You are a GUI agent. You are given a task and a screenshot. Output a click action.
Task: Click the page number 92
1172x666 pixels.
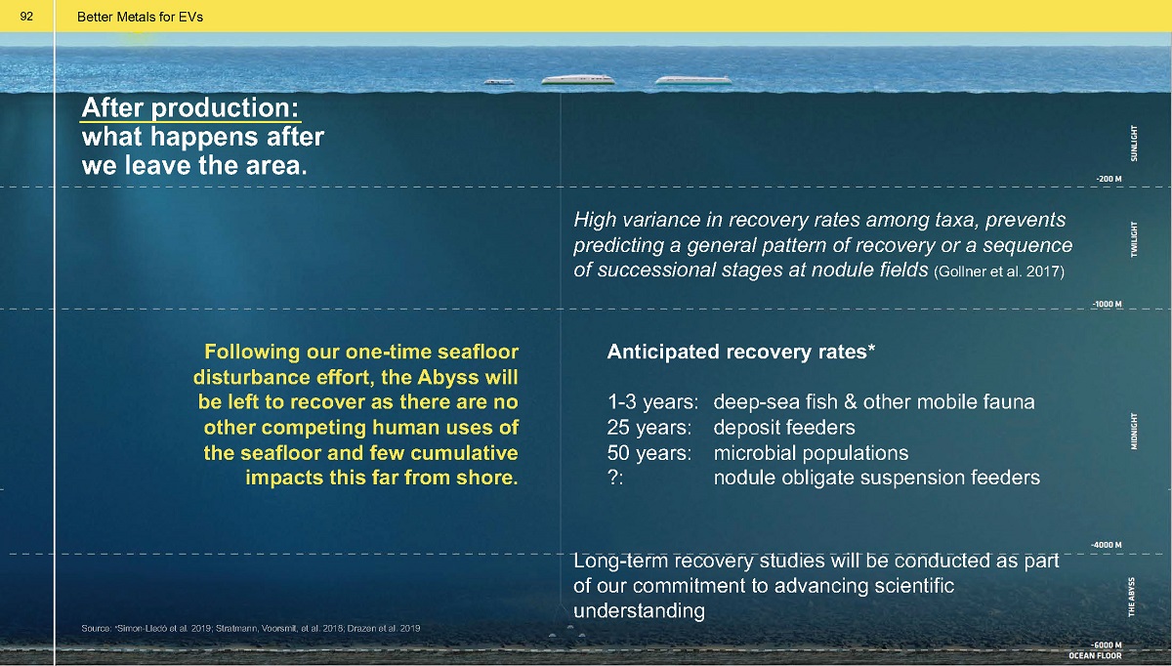pyautogui.click(x=26, y=17)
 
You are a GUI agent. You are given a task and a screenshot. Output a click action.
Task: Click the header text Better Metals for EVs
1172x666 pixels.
pyautogui.click(x=140, y=18)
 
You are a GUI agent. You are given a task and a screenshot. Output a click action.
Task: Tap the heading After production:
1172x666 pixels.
pyautogui.click(x=189, y=107)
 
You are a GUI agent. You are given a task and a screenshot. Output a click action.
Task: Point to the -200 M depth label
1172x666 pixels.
pyautogui.click(x=1109, y=179)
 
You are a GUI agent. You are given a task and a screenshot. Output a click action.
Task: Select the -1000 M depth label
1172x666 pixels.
pyautogui.click(x=1108, y=304)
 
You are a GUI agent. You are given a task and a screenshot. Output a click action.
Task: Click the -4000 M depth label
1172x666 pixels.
pyautogui.click(x=1106, y=545)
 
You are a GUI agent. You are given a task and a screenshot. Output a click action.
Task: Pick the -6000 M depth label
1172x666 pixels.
pyautogui.click(x=1106, y=645)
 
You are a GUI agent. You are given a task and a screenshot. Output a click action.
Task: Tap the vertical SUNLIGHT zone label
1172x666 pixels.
pyautogui.click(x=1134, y=143)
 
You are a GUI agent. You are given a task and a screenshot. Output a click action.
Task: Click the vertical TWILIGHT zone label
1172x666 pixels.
pyautogui.click(x=1134, y=239)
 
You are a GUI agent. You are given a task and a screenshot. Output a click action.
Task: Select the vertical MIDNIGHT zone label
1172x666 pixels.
pyautogui.click(x=1134, y=431)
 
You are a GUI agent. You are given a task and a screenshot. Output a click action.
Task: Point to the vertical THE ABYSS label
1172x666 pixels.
pyautogui.click(x=1132, y=597)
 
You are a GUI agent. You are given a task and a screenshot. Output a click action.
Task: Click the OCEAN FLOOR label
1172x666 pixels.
pyautogui.click(x=1095, y=655)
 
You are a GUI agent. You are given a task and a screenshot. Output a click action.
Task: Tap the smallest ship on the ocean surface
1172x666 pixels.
pyautogui.click(x=499, y=82)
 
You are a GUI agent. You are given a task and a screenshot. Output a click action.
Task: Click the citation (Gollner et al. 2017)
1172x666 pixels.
pyautogui.click(x=999, y=271)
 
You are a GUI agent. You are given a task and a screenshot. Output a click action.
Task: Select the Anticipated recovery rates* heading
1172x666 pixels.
pyautogui.click(x=741, y=352)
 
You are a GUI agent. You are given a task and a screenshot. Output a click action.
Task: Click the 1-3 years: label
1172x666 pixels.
pyautogui.click(x=652, y=401)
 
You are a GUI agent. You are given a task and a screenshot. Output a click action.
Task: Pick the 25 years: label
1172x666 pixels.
pyautogui.click(x=649, y=428)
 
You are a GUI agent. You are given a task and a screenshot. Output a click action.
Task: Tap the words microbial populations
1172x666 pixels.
pyautogui.click(x=811, y=453)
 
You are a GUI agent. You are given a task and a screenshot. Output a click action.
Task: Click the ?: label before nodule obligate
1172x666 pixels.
pyautogui.click(x=615, y=478)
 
